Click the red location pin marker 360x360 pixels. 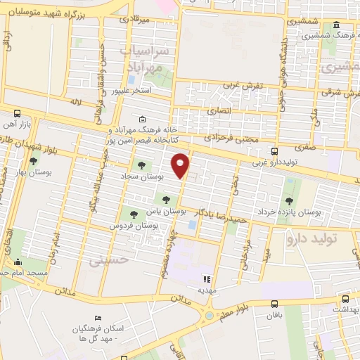point(181,166)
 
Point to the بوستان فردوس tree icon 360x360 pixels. point(134,214)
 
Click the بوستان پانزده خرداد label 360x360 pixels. point(288,210)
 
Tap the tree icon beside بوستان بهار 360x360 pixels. point(33,161)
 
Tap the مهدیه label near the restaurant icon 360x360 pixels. point(205,290)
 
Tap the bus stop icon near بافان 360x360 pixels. point(274,304)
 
